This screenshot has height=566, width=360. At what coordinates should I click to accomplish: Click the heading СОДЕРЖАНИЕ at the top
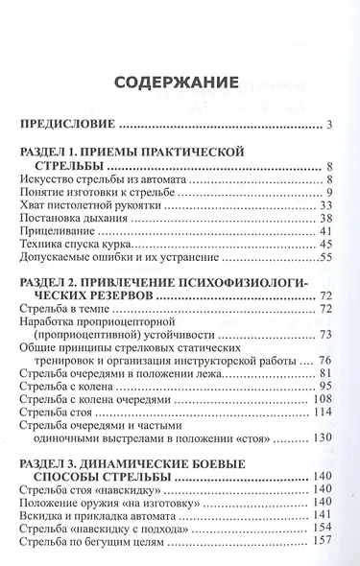(x=180, y=82)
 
